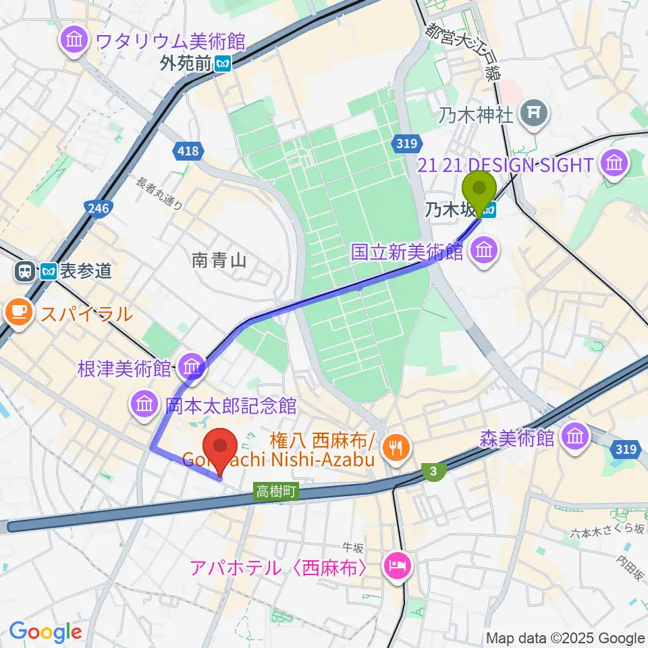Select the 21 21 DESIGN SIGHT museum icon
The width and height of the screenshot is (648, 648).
[615, 163]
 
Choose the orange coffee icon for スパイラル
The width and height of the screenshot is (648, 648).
[18, 312]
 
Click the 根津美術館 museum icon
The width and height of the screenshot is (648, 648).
[192, 367]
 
